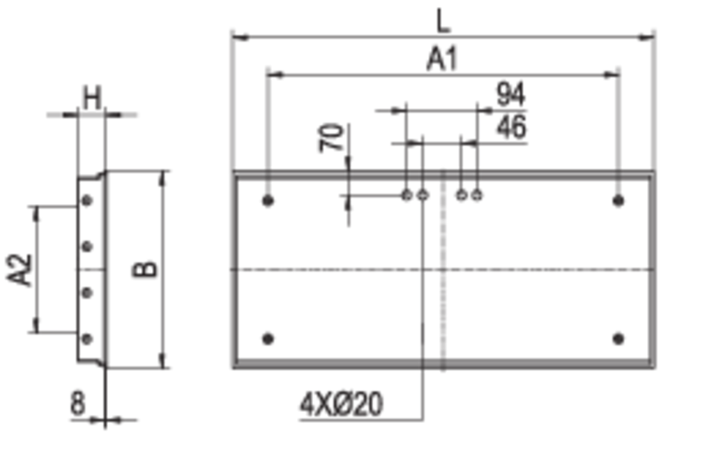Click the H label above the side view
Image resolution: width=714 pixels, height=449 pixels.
coord(91,91)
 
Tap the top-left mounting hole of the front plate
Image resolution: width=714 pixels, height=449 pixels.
coord(268,201)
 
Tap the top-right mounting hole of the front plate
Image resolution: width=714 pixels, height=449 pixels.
coord(618,201)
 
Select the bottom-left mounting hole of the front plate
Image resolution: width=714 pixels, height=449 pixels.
coord(268,339)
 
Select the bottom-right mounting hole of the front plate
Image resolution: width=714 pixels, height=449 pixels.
coord(618,339)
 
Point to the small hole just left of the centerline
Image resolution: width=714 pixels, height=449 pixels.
coord(416,196)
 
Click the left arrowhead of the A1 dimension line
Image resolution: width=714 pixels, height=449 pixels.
coord(241,33)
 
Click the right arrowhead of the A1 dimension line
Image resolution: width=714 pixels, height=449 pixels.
coord(647,33)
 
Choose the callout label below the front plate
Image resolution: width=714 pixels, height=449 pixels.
coord(341,407)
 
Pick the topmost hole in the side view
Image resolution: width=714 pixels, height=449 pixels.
coord(87,202)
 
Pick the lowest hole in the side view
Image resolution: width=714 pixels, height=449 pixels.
coord(87,339)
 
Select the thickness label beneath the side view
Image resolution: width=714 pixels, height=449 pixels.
coord(78,402)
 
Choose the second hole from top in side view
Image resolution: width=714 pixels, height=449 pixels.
coord(87,246)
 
